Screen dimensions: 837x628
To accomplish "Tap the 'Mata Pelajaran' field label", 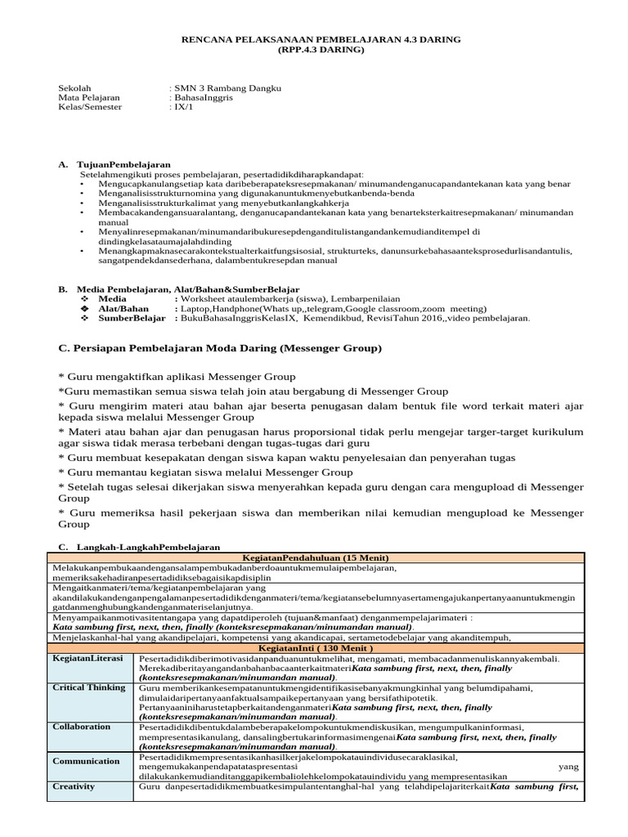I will click(x=89, y=96).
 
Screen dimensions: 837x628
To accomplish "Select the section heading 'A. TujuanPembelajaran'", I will click(x=114, y=164).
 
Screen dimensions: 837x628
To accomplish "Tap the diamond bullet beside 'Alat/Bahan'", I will click(x=83, y=308).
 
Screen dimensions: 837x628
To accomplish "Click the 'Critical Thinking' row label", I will click(x=89, y=687).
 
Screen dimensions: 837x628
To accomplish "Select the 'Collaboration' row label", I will click(x=82, y=726).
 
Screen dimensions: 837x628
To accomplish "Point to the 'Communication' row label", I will click(x=87, y=761).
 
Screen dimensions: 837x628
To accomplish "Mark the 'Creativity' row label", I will click(x=74, y=786).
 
